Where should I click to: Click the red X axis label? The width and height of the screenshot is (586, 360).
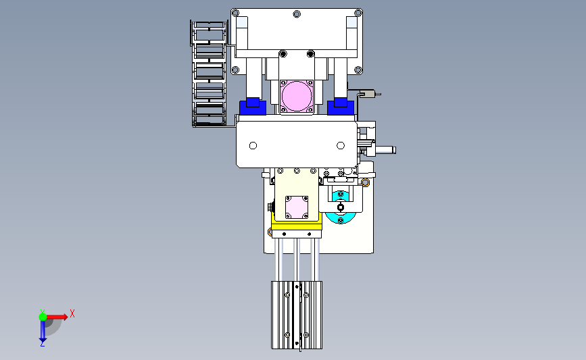pyautogui.click(x=72, y=313)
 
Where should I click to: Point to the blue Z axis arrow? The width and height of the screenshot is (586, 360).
pyautogui.click(x=43, y=331)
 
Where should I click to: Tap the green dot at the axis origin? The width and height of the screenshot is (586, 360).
pyautogui.click(x=43, y=317)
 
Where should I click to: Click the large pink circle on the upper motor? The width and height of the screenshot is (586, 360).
pyautogui.click(x=297, y=96)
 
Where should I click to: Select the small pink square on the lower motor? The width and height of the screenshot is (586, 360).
pyautogui.click(x=297, y=207)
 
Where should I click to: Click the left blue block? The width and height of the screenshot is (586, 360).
pyautogui.click(x=253, y=107)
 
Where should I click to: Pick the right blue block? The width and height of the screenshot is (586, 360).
pyautogui.click(x=341, y=107)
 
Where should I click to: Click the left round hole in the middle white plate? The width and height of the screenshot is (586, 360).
pyautogui.click(x=253, y=145)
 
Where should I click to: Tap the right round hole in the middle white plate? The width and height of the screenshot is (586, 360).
pyautogui.click(x=341, y=145)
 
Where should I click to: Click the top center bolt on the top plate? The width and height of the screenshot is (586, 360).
pyautogui.click(x=297, y=14)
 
